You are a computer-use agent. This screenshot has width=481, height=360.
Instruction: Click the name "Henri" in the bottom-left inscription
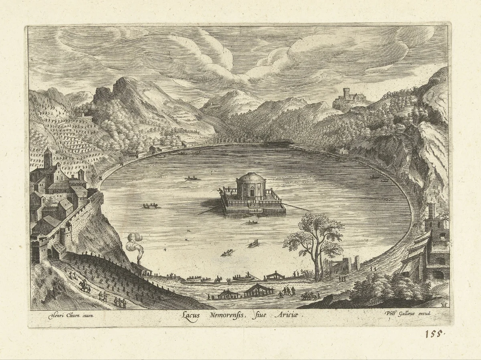[x=57, y=315]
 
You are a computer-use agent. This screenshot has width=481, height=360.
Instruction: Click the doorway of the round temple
[x=252, y=193]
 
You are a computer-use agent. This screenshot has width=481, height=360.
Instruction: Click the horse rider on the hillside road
[x=84, y=285]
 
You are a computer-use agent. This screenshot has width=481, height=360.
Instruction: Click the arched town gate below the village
[x=49, y=253]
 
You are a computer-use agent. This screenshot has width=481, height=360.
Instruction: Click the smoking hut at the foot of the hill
[x=142, y=269]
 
